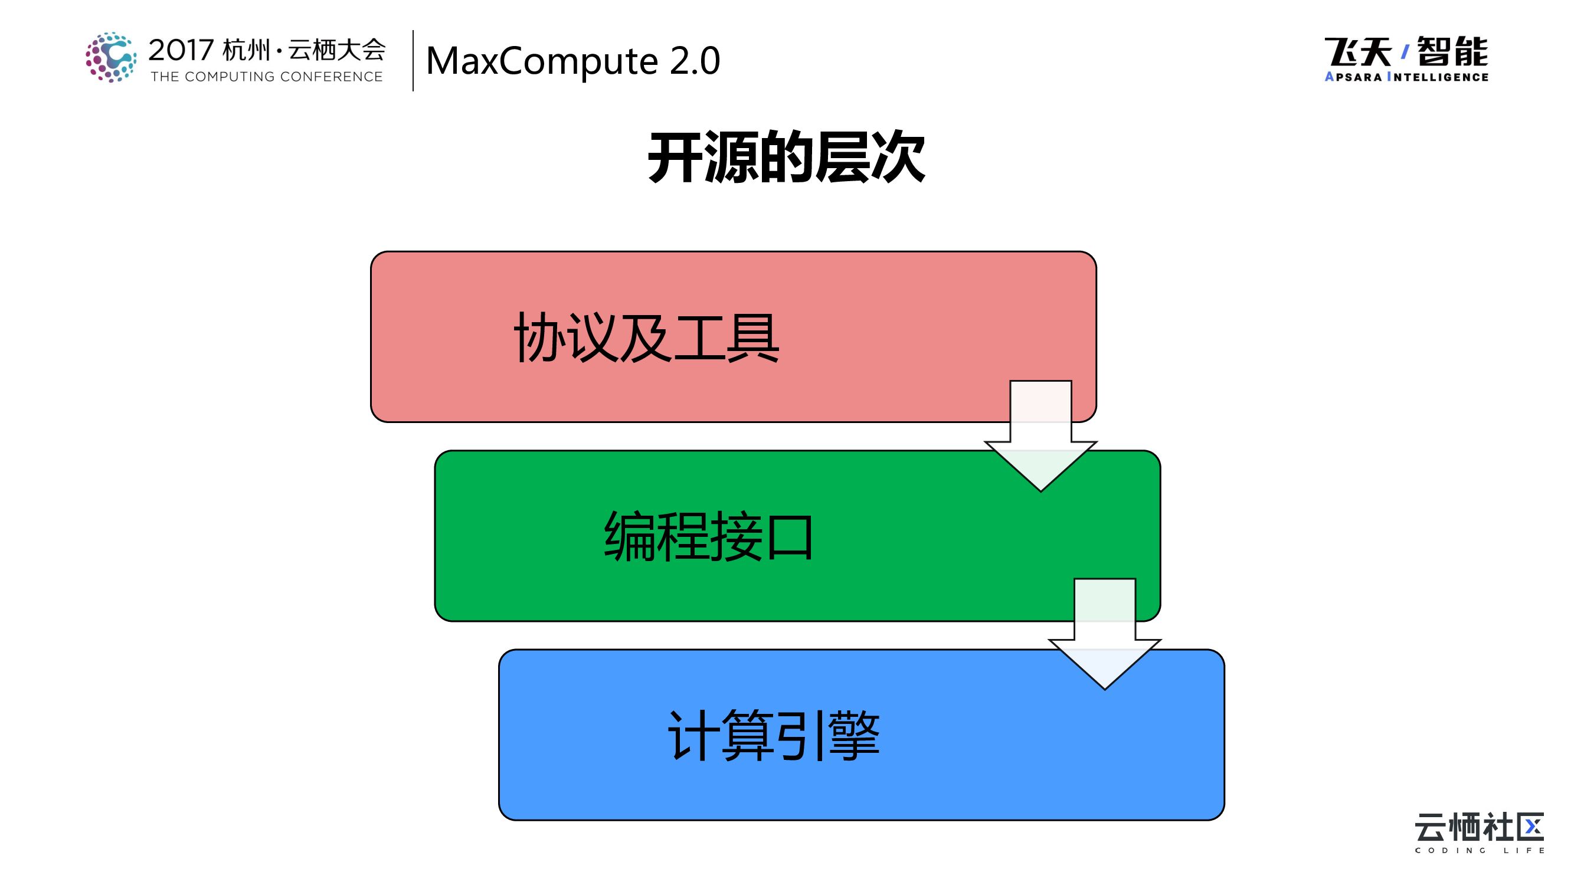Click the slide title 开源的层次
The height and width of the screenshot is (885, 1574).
coord(786,158)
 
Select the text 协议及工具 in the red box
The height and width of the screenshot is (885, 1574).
coord(646,337)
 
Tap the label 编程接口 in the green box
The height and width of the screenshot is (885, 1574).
coord(709,536)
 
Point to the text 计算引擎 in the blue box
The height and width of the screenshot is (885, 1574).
coord(774,735)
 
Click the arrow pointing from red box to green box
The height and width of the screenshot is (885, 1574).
coord(1040,440)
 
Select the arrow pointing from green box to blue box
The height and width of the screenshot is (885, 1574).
coord(1105,638)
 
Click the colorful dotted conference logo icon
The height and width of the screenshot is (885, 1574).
coord(110,57)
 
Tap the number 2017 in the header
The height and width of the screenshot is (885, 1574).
coord(181,50)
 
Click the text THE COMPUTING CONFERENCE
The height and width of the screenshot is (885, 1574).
coord(266,77)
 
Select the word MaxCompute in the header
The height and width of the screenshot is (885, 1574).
coord(541,61)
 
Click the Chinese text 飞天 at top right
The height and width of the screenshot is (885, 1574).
coord(1357,51)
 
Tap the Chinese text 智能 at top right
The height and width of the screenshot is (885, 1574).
coord(1452,51)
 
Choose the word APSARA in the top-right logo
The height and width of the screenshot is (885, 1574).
coord(1353,77)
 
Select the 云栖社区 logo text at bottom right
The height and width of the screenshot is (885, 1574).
coord(1478,828)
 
